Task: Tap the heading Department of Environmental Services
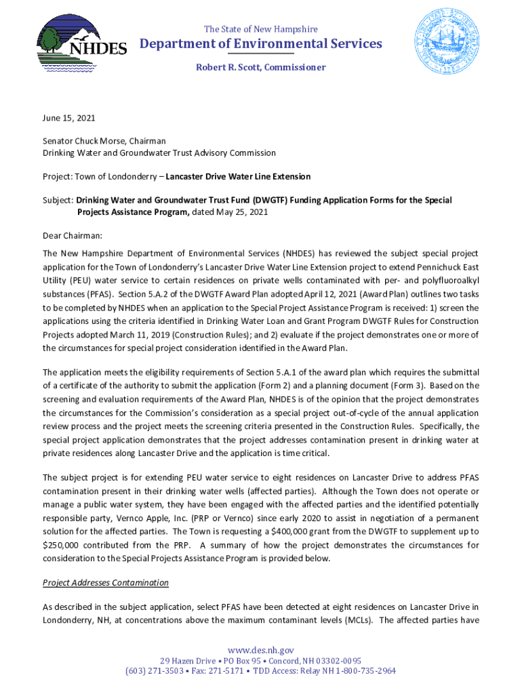(261, 44)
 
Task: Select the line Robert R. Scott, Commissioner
(261, 67)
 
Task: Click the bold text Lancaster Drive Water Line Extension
(238, 176)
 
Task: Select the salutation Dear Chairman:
(72, 236)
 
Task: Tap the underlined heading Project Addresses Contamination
(106, 583)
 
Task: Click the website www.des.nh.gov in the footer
(261, 650)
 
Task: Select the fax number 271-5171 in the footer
(222, 671)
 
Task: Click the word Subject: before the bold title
(58, 201)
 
